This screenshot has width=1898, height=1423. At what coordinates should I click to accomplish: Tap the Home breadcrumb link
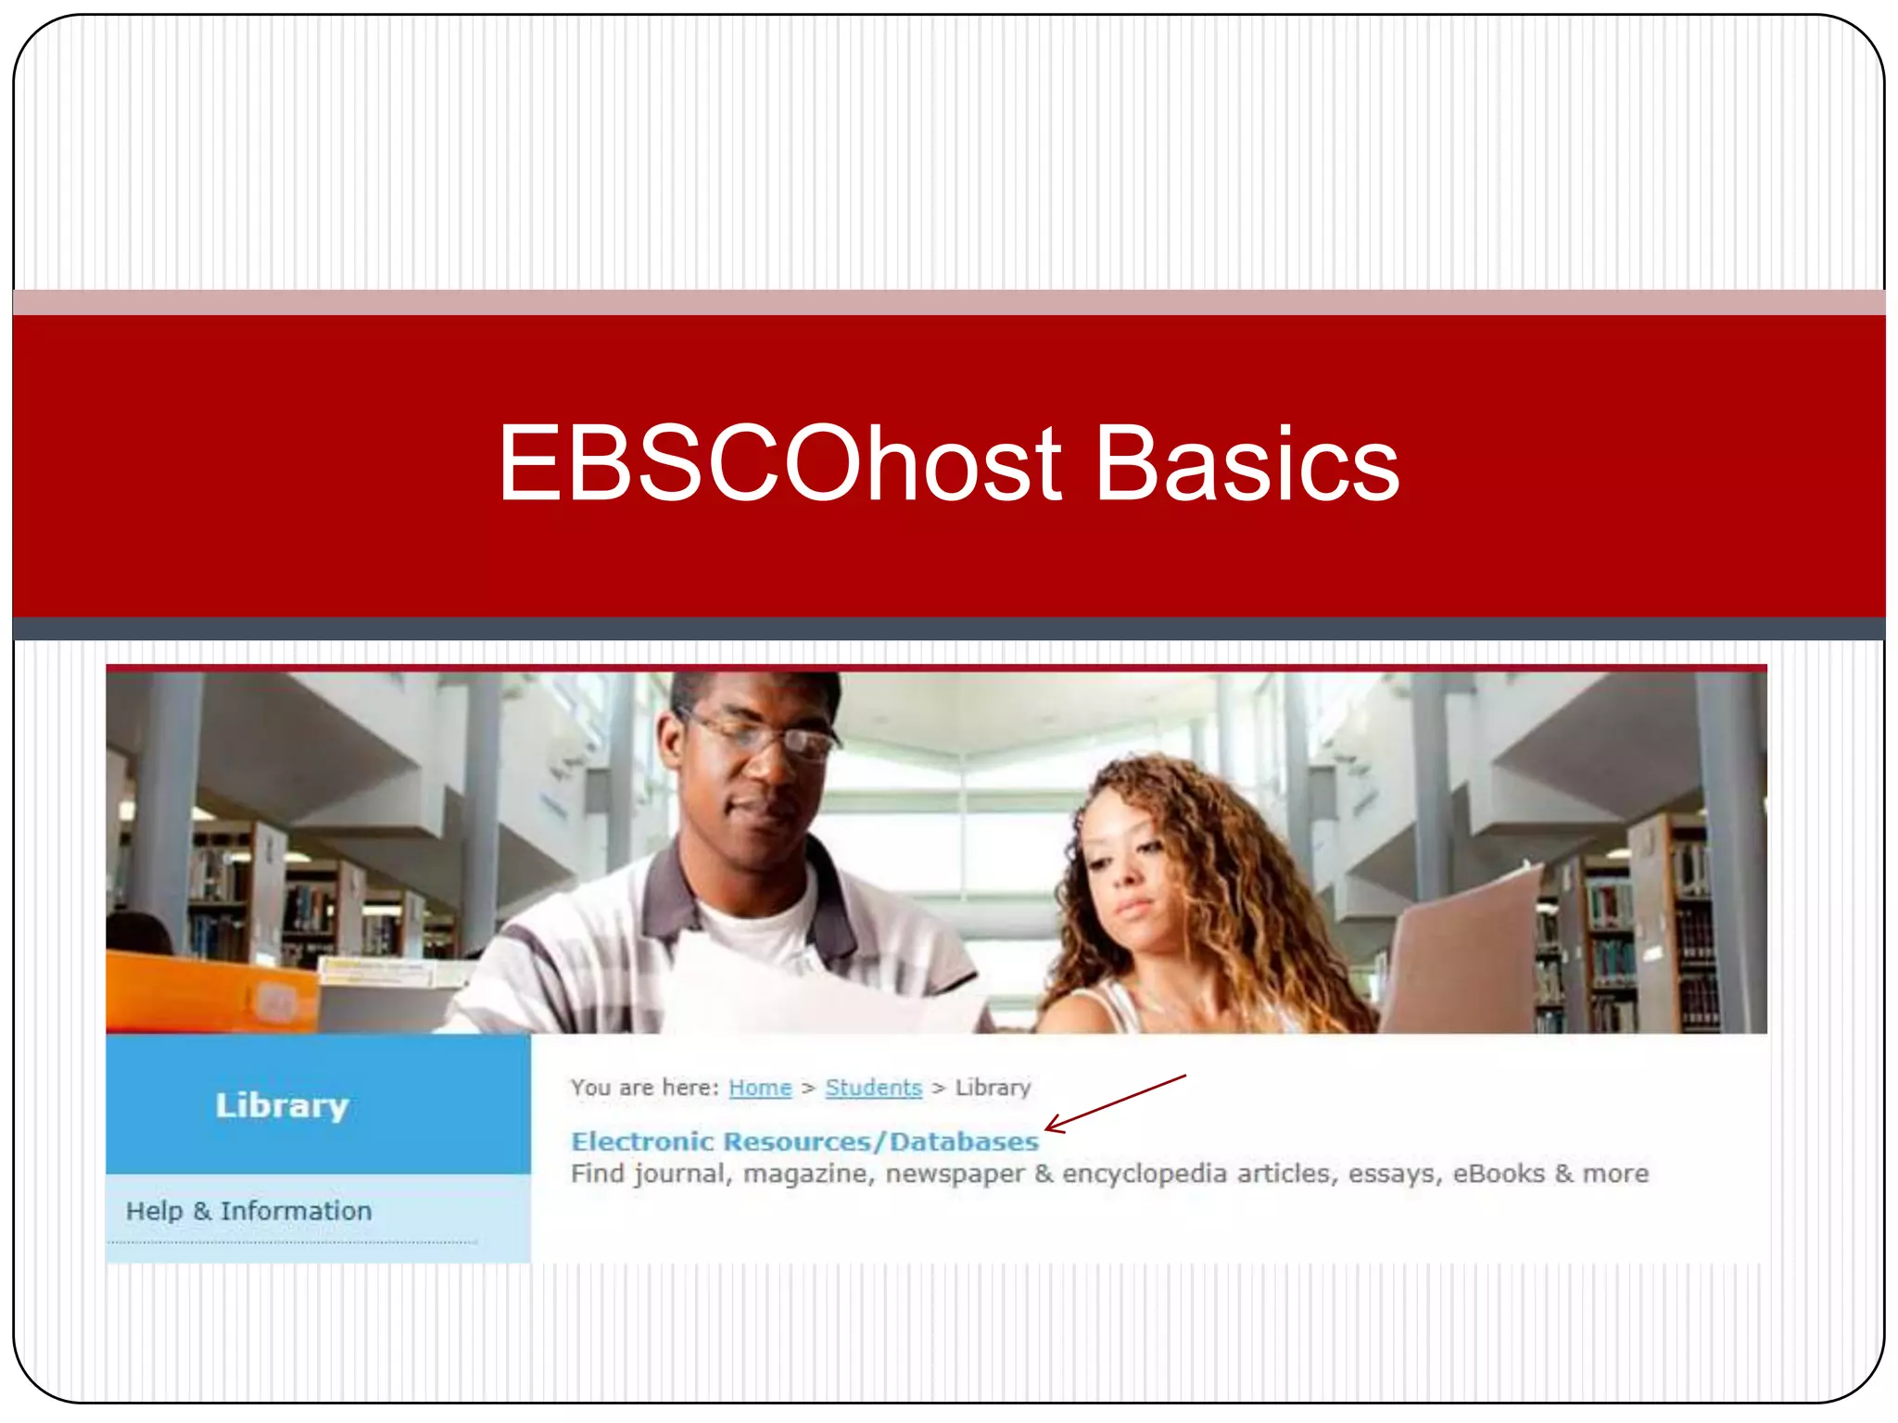(x=760, y=1088)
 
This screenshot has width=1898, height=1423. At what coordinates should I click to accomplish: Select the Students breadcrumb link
(x=873, y=1088)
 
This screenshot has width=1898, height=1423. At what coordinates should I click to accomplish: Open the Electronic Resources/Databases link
(x=804, y=1141)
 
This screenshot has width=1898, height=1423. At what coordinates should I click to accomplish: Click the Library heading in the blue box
(x=282, y=1105)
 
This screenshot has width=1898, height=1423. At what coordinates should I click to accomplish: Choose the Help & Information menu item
(x=248, y=1211)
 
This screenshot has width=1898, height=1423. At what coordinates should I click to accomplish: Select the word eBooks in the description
(x=1498, y=1174)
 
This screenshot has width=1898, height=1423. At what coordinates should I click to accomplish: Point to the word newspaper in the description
(x=955, y=1174)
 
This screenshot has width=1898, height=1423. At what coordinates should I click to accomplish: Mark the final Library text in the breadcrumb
(x=993, y=1088)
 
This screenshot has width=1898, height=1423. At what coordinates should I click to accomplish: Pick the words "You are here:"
(x=644, y=1088)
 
